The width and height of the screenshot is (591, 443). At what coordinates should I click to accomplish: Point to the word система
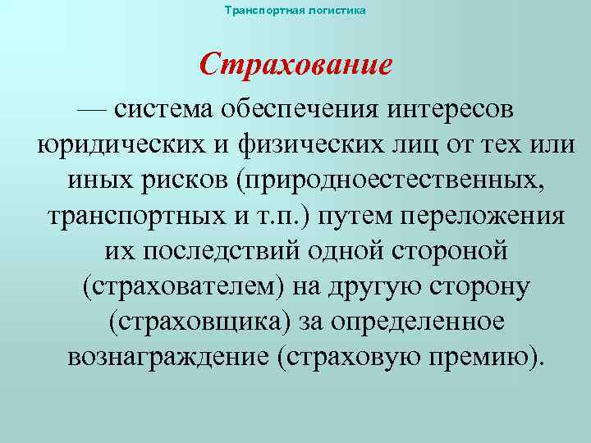click(x=162, y=109)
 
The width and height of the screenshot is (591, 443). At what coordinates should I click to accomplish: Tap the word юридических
click(x=122, y=145)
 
